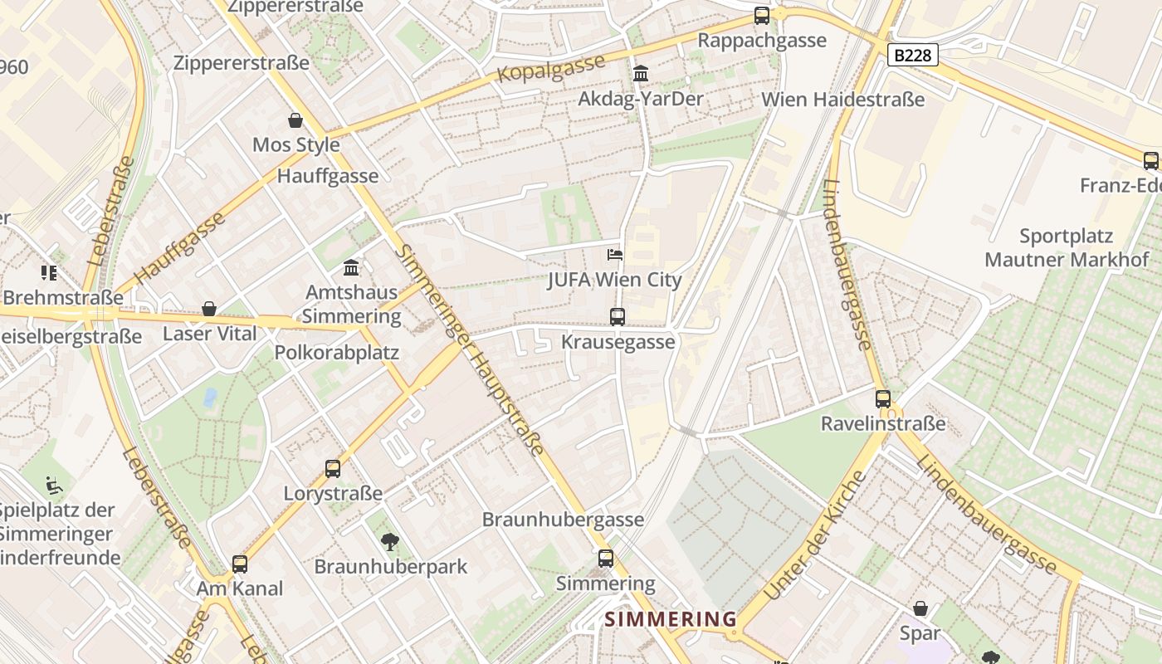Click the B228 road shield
tap(912, 56)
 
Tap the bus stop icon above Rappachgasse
tap(761, 15)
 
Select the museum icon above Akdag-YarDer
tap(640, 74)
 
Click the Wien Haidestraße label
tap(842, 100)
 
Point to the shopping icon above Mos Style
tap(295, 120)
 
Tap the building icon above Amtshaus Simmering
tap(351, 268)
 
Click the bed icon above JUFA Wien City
tap(614, 255)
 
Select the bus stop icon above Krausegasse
tap(617, 316)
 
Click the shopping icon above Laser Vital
tap(209, 309)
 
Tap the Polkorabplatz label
tap(337, 352)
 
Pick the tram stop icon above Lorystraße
tap(333, 469)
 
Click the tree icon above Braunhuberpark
tap(389, 542)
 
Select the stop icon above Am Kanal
tap(240, 564)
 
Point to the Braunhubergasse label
tap(563, 520)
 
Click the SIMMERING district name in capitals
tap(670, 619)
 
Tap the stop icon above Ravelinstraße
tap(882, 398)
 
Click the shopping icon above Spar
tap(920, 608)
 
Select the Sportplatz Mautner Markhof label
tap(1066, 247)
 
